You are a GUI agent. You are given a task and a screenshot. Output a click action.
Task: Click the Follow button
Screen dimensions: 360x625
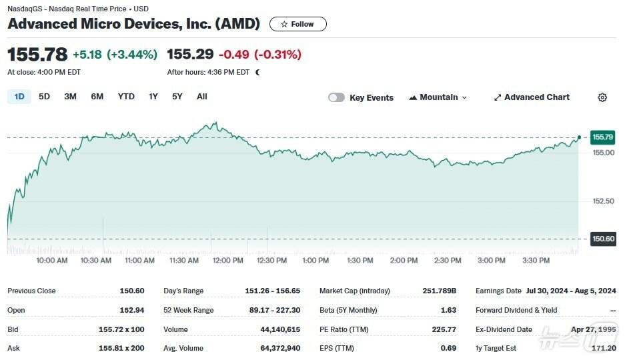(x=297, y=24)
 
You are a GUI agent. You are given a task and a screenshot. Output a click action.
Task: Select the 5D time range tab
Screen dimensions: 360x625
(x=44, y=97)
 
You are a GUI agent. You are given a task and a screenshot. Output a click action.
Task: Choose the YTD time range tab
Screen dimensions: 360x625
(x=126, y=97)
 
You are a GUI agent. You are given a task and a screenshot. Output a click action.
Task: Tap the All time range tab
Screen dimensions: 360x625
(x=202, y=97)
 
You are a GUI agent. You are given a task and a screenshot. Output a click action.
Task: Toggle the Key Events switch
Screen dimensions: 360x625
(x=337, y=97)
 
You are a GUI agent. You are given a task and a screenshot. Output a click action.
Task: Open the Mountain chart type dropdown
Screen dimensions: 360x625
(x=438, y=97)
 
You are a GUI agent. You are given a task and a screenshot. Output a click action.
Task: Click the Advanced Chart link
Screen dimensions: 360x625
(x=532, y=97)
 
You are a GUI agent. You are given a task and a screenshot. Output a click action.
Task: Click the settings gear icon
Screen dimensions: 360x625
(x=602, y=97)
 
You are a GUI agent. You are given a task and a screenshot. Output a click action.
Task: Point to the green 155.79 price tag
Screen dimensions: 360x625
(x=602, y=137)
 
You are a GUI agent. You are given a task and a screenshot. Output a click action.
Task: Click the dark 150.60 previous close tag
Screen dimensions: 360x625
(x=602, y=239)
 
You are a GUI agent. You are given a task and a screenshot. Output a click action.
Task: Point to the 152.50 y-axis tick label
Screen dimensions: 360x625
(x=603, y=201)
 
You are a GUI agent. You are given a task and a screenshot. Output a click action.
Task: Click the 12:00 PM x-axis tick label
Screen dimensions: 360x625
(x=228, y=261)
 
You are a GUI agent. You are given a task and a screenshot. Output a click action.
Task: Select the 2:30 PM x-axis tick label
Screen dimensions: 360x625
(x=447, y=261)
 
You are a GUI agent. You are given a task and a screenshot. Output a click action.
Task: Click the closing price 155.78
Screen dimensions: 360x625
(x=37, y=54)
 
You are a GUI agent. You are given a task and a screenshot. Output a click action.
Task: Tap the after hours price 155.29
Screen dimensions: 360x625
(x=190, y=54)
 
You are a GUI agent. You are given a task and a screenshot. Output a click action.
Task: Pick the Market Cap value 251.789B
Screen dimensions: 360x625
(x=438, y=291)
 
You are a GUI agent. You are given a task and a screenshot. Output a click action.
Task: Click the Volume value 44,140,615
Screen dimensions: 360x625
(x=280, y=329)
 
